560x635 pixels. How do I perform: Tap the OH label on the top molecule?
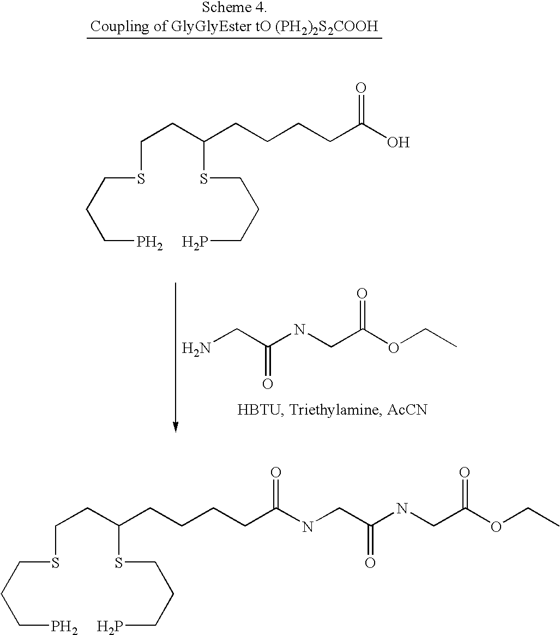tap(399, 142)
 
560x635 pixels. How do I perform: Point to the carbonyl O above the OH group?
tap(361, 88)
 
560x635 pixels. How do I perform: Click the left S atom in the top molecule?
tap(141, 178)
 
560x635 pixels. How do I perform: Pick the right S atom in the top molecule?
tap(204, 178)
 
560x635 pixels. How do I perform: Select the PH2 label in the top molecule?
tap(149, 243)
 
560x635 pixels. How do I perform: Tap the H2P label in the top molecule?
tap(195, 243)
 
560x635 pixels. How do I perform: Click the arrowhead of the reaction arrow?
tap(176, 427)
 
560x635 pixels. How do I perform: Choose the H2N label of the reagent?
tap(196, 348)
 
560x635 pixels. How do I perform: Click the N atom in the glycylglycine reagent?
tap(299, 330)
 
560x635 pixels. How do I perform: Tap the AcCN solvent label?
tap(407, 410)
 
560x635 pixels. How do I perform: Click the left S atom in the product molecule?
tap(55, 562)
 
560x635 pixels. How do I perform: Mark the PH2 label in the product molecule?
tap(64, 627)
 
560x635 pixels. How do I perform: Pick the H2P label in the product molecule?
tap(110, 627)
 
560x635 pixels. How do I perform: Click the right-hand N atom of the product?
tap(402, 508)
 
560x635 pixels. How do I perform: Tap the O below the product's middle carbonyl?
tap(370, 563)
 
